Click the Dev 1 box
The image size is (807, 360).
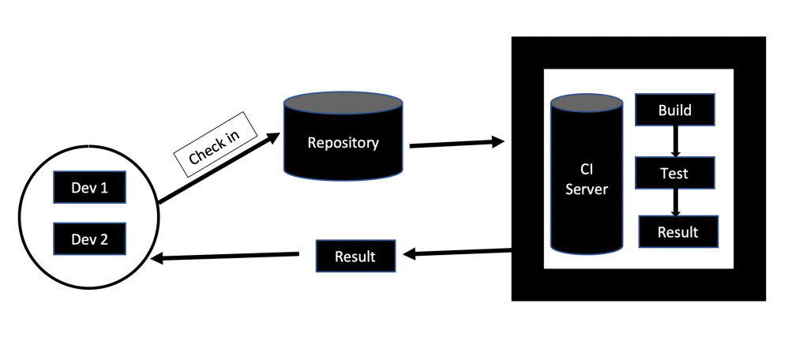point(89,187)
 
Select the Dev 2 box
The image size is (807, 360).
point(89,238)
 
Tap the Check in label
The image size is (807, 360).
point(213,142)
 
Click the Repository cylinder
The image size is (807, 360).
point(343,142)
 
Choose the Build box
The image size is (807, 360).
point(675,110)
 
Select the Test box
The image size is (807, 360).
point(675,172)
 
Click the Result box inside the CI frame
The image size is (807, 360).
point(678,231)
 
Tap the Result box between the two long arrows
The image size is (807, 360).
point(355,257)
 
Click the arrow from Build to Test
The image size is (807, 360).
point(675,141)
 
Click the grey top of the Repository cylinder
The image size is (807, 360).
point(343,103)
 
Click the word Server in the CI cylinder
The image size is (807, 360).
point(587,190)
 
